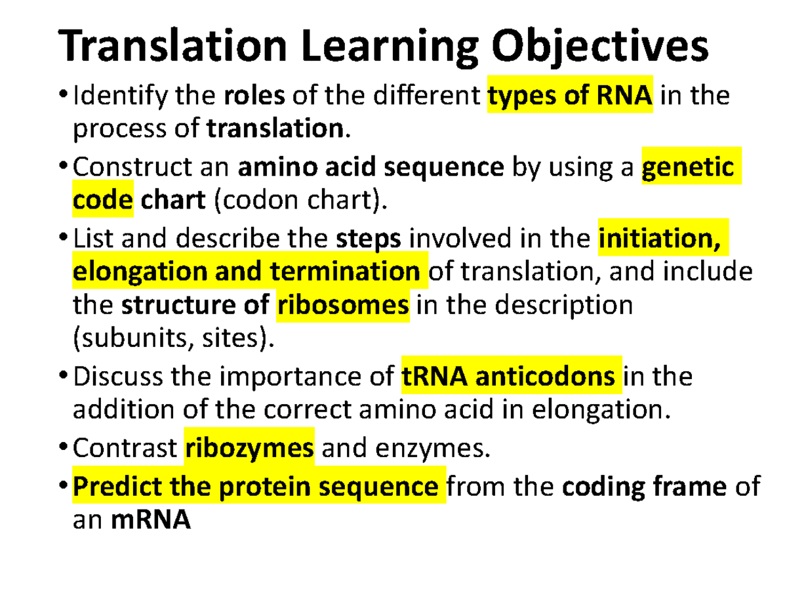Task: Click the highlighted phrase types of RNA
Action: pos(569,97)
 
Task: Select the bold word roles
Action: pos(254,97)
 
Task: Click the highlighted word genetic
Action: pos(687,168)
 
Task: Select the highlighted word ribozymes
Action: pos(249,449)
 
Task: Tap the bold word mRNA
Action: pos(151,521)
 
